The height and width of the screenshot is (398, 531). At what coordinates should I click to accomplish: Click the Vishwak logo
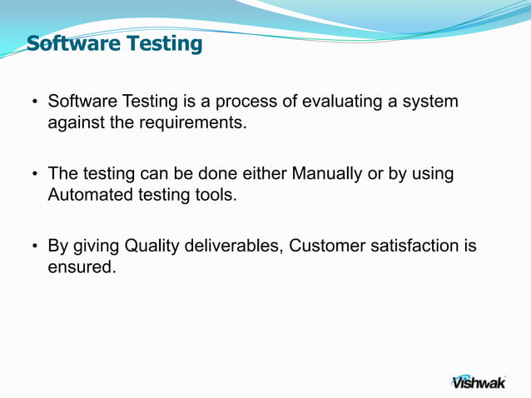pos(479,380)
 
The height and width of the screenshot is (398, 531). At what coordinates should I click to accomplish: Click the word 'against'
pos(73,123)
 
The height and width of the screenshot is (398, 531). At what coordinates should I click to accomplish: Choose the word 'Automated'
pos(86,196)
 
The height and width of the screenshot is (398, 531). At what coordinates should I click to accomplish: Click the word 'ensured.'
pos(82,268)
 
